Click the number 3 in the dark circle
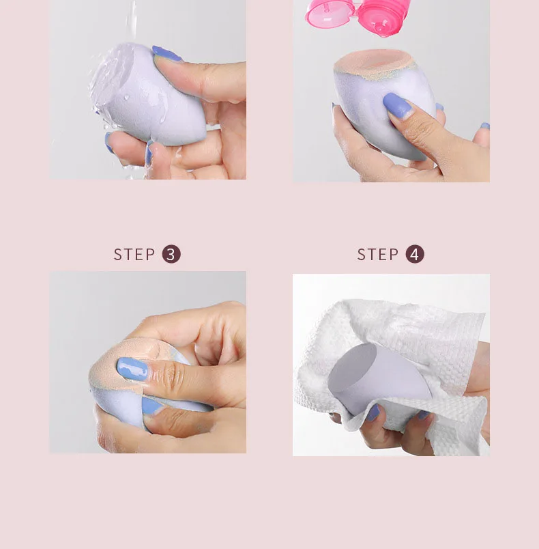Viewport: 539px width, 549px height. pos(171,254)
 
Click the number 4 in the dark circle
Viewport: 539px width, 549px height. pos(415,254)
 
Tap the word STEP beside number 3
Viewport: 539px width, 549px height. pos(134,255)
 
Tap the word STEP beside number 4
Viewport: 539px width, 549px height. pos(378,255)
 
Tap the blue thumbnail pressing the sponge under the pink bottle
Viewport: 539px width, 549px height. pos(398,105)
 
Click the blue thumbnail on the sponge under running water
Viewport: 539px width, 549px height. pos(166,53)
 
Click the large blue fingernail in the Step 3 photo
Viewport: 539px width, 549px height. pos(132,369)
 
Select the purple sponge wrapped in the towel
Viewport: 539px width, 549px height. pos(379,378)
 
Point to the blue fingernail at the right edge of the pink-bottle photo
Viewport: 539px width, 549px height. pos(485,126)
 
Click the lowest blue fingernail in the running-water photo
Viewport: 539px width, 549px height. pos(149,154)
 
